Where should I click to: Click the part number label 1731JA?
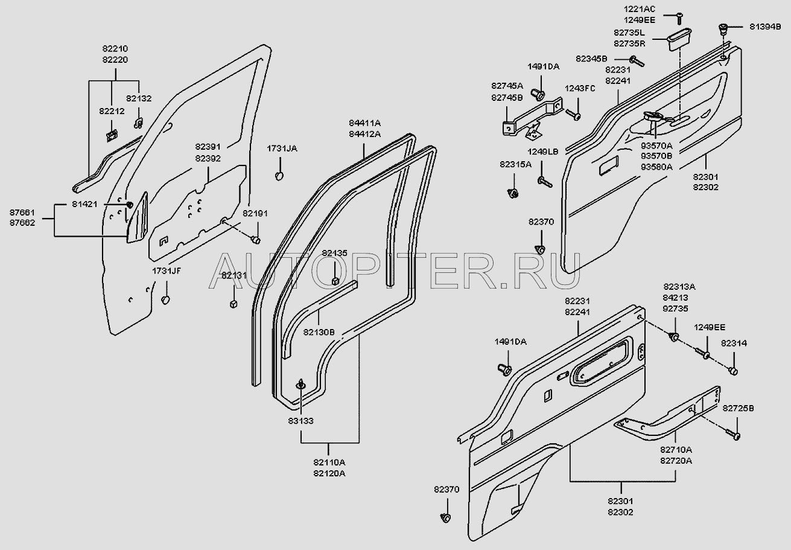point(282,148)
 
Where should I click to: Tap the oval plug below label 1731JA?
point(280,176)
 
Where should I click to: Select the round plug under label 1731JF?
point(166,300)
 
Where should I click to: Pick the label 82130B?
point(319,331)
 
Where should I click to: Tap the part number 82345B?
point(592,59)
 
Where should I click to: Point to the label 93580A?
point(656,167)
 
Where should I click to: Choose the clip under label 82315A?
point(514,194)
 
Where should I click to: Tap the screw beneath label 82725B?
point(735,435)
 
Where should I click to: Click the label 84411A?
point(365,123)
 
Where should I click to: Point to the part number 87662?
point(22,222)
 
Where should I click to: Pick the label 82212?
point(111,110)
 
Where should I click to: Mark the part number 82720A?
point(676,461)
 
